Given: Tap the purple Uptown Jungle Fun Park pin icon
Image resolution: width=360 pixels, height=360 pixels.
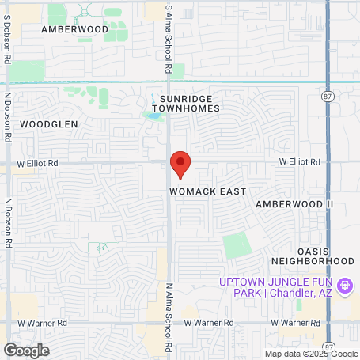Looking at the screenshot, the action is click(344, 285).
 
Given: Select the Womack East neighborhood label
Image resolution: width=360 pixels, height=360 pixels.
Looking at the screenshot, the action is click(207, 191).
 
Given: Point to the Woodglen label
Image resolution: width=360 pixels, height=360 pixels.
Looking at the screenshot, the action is click(49, 124).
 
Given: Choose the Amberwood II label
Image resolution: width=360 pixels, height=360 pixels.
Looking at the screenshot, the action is click(294, 204).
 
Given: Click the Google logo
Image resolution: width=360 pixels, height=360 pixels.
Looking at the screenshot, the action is click(26, 350).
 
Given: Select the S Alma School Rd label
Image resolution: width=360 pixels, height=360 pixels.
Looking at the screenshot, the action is click(169, 38).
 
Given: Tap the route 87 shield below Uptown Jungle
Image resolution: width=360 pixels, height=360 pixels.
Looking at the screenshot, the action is click(328, 347).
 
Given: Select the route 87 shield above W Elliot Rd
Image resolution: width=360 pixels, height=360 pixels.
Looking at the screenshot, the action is click(328, 95).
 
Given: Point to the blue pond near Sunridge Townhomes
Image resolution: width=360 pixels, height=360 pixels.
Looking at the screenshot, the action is click(152, 116).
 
